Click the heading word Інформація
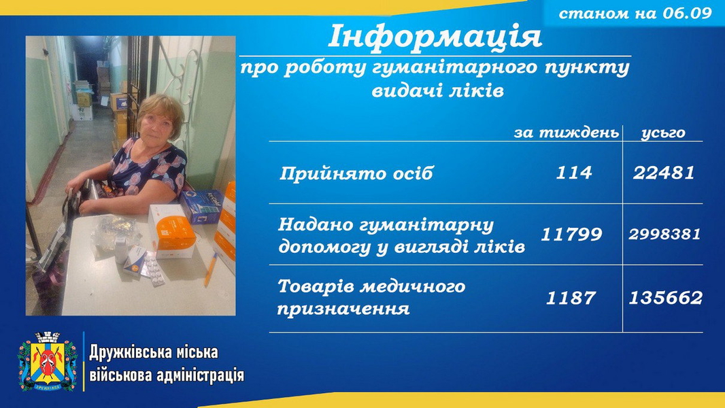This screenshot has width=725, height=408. (x=435, y=37)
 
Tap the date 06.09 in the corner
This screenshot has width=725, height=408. (x=687, y=13)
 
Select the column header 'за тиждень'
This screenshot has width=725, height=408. (x=567, y=133)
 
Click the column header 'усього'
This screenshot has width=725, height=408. (x=663, y=133)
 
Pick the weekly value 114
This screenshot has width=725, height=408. (x=573, y=173)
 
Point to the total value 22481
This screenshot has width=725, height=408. (x=664, y=173)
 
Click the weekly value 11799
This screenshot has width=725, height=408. (x=571, y=235)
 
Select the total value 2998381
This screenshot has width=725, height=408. (x=664, y=235)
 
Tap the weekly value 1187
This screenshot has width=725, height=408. (x=571, y=298)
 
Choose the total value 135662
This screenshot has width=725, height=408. (x=665, y=298)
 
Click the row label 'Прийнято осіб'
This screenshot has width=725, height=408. (x=356, y=173)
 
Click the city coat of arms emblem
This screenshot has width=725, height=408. (x=47, y=361)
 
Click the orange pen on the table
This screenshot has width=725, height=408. (x=210, y=270)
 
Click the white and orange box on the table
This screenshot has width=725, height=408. (x=172, y=231)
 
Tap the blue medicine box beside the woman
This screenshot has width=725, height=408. (x=201, y=206)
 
